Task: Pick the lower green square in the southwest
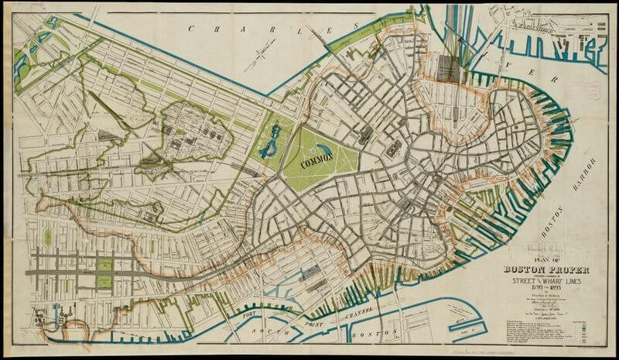point(104,282)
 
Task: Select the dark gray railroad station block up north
point(447,68)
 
